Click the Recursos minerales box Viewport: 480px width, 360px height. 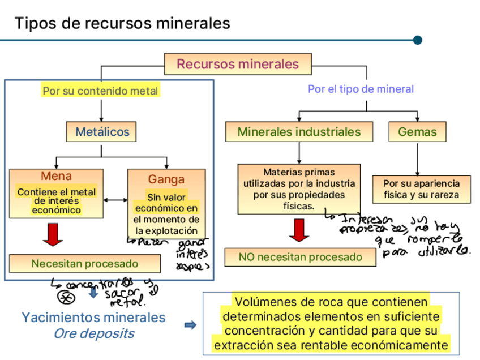(x=238, y=64)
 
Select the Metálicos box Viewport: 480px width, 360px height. (x=102, y=132)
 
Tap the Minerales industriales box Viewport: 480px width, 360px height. (x=299, y=132)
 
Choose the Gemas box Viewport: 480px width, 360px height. (x=417, y=132)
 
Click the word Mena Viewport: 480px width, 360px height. (x=56, y=176)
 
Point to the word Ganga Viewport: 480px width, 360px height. (x=166, y=179)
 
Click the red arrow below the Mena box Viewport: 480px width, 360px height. (x=54, y=234)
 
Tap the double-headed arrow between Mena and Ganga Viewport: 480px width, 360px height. (x=116, y=199)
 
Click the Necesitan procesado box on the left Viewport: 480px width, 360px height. (x=85, y=264)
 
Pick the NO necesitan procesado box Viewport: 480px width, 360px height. (x=300, y=257)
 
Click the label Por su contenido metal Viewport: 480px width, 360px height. (x=100, y=91)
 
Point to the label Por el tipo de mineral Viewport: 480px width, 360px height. (x=361, y=89)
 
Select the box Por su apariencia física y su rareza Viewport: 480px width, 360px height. (x=422, y=190)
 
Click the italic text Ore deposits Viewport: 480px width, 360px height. (x=94, y=333)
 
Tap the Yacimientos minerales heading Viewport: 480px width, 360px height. (x=93, y=317)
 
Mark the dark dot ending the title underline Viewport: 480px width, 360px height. (x=418, y=40)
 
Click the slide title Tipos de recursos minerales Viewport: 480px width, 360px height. (x=122, y=23)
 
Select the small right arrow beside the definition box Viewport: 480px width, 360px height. (x=190, y=325)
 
